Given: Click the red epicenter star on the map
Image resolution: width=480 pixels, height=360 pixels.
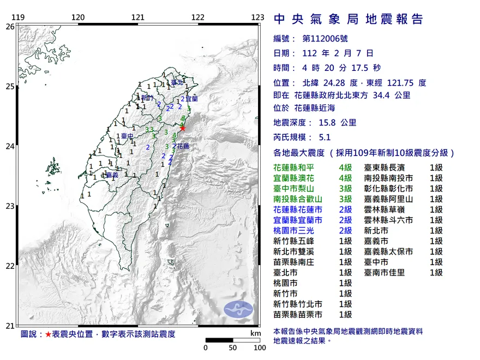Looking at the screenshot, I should [183, 128].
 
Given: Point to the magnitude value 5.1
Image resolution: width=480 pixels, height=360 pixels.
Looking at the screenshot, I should [325, 138].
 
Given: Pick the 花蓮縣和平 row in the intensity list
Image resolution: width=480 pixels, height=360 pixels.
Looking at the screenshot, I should [298, 168].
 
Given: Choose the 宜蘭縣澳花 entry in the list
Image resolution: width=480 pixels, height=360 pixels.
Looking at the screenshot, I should [298, 178].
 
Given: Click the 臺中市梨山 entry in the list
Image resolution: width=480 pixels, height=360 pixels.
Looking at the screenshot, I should [298, 189].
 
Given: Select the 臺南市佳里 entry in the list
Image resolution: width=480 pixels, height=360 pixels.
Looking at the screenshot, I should [388, 272].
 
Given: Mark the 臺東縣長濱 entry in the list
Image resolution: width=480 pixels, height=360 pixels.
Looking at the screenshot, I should [388, 168].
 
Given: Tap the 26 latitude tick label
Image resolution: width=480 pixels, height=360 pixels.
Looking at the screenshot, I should [9, 26].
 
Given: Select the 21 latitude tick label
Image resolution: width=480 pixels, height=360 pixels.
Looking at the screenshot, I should [9, 326].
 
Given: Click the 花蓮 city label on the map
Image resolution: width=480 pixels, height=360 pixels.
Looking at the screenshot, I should [183, 146].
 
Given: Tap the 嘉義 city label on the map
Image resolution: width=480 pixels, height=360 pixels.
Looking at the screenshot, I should [112, 175].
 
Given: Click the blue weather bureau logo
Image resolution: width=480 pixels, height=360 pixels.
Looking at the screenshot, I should [239, 309].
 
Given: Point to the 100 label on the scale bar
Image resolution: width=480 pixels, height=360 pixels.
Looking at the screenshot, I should [260, 347].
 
